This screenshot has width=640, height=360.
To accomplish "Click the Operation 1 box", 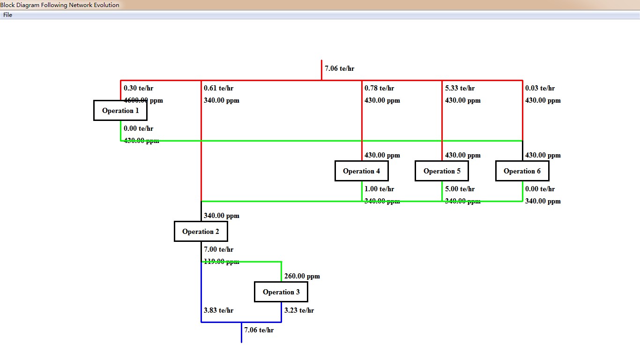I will [x=120, y=111].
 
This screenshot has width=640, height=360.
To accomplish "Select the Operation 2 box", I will [x=201, y=232].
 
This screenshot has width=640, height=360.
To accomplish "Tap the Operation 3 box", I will [x=281, y=292].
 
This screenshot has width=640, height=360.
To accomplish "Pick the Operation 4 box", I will [x=362, y=171].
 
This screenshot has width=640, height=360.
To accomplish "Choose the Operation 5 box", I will [x=442, y=171].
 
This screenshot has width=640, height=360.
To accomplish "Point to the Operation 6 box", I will [x=522, y=171].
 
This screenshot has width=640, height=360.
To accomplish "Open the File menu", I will [x=7, y=15].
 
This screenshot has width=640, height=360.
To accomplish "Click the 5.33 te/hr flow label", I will [x=460, y=88].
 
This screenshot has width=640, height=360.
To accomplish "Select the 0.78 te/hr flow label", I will [x=379, y=88].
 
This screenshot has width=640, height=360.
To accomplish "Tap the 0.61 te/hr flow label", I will [x=218, y=88].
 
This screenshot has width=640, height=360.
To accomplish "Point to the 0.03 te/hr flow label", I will [x=540, y=88].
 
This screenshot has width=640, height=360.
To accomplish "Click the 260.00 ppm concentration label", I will [x=302, y=276].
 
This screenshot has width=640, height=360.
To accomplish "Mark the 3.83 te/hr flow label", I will [x=218, y=310].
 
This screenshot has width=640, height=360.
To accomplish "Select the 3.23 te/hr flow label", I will [x=299, y=310].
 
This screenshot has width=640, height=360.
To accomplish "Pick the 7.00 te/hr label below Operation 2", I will [x=218, y=249].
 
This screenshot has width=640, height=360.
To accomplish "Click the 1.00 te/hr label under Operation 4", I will [x=379, y=189].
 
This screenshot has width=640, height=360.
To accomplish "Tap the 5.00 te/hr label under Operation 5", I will [x=460, y=189].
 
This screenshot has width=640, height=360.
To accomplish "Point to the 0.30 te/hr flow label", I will [x=138, y=88].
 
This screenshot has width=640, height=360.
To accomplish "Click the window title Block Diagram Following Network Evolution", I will [x=60, y=5].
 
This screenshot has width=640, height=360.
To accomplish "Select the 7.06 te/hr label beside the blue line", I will [x=259, y=330].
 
